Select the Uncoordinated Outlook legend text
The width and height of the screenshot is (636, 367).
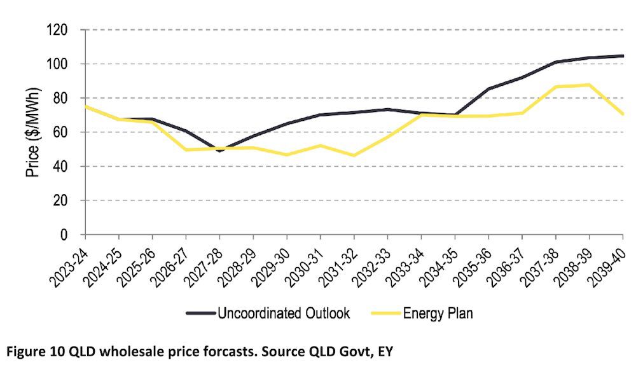[284, 313]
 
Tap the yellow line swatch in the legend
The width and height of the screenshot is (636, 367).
[382, 313]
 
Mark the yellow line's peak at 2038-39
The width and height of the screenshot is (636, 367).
[589, 85]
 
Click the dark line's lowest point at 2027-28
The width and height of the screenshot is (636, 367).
[220, 151]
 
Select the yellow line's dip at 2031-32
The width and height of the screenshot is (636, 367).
[354, 155]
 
